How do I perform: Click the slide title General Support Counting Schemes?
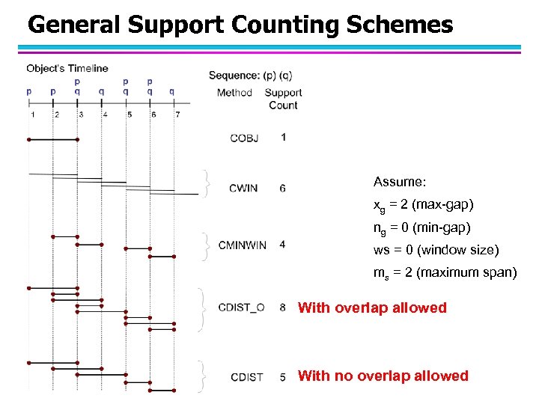[240, 25]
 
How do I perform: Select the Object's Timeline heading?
[67, 68]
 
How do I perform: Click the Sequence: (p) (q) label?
[250, 75]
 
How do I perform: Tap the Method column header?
[234, 93]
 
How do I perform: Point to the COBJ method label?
[244, 138]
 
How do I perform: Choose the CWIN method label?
[243, 188]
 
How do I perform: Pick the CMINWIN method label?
[242, 245]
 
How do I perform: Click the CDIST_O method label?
[241, 307]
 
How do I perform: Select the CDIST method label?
[246, 377]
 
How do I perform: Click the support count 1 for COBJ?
[283, 137]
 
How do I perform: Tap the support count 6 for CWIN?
[282, 188]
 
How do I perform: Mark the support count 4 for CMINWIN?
[282, 245]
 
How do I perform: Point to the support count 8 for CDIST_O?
[282, 307]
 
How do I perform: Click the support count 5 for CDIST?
[283, 377]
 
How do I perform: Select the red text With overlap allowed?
[372, 307]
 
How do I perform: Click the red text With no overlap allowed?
[383, 376]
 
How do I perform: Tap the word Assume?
[400, 182]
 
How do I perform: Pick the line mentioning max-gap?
[423, 204]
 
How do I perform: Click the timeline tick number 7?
[177, 114]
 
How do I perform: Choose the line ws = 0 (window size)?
[436, 250]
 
